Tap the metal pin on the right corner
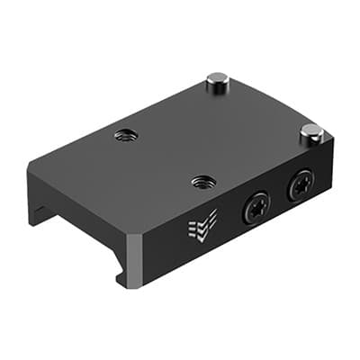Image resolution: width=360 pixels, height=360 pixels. (x=311, y=135)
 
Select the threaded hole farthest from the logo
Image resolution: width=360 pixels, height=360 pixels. (x=125, y=136)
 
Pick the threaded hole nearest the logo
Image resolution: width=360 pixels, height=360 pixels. (x=203, y=182)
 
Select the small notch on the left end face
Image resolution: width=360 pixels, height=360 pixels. (x=37, y=213)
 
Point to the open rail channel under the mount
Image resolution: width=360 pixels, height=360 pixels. (x=72, y=229)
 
